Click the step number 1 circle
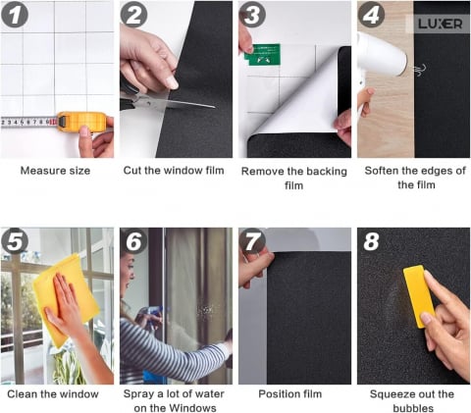point(15,15)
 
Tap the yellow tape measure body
point(82,122)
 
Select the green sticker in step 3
point(262,54)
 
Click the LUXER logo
point(440,24)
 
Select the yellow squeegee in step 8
point(419,296)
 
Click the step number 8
point(371,241)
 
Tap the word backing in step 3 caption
point(325,172)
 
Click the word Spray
point(138,394)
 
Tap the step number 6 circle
point(133,242)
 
